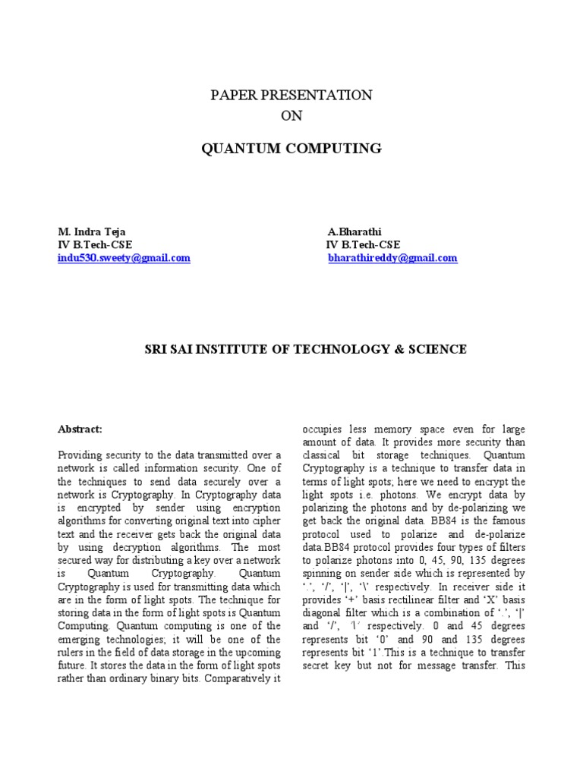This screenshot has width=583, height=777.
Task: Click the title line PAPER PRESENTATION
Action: (291, 95)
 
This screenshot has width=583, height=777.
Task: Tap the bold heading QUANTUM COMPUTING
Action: (291, 148)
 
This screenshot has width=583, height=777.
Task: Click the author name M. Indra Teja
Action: (92, 231)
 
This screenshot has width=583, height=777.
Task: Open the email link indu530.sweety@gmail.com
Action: (124, 258)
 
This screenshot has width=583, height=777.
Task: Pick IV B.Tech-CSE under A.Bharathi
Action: (363, 244)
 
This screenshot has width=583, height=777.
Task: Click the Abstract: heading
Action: (80, 429)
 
